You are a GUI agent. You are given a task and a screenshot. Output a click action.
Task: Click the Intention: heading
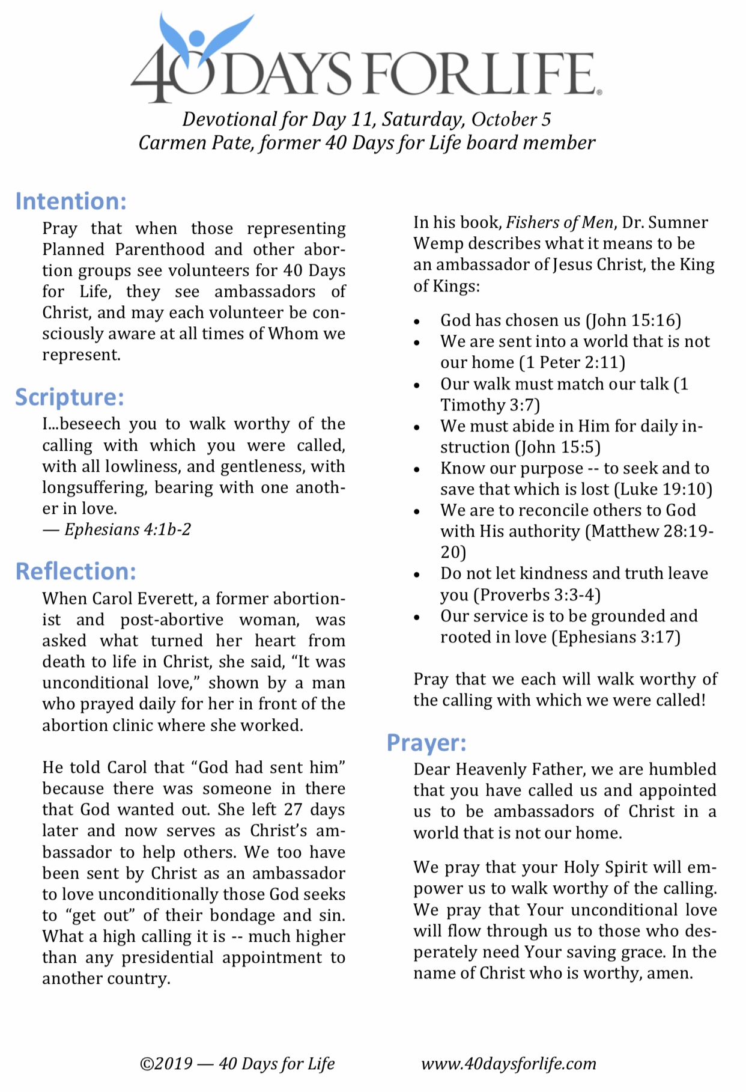(71, 201)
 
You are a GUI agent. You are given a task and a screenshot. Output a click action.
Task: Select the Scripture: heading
(70, 397)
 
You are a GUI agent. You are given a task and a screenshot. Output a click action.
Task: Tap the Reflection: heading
(76, 572)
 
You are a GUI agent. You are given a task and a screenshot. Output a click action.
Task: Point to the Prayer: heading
(426, 743)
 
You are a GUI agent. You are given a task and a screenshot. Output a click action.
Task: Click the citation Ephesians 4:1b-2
(127, 529)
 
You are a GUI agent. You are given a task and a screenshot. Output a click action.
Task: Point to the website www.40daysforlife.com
(509, 1064)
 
